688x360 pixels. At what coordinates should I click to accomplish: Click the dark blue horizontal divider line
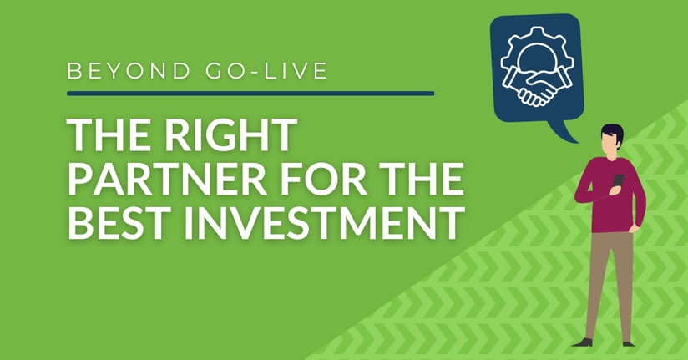click(x=250, y=94)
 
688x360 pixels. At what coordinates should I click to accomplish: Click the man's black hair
click(x=612, y=133)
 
